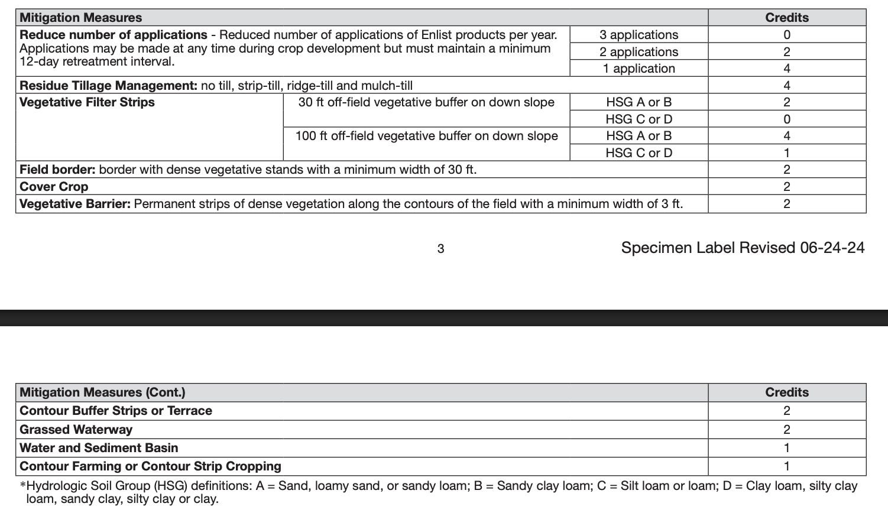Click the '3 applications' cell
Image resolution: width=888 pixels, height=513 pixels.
(x=639, y=35)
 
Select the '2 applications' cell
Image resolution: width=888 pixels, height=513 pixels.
(x=639, y=52)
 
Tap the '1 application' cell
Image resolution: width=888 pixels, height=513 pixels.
(x=639, y=69)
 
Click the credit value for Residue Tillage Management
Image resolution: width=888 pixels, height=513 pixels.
(x=786, y=86)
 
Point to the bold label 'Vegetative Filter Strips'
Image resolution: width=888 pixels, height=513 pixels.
(x=87, y=102)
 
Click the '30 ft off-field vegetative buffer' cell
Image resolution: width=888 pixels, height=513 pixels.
(x=426, y=102)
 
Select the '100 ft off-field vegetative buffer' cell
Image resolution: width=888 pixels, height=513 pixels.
(x=426, y=136)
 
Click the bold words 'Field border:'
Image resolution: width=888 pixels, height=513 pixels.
(x=57, y=170)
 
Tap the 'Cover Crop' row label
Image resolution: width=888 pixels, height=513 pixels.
(x=54, y=187)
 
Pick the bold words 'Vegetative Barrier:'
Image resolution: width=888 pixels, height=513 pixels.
(x=75, y=204)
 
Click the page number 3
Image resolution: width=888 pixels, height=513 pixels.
(x=440, y=249)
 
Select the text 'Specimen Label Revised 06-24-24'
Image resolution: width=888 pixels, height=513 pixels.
(x=743, y=248)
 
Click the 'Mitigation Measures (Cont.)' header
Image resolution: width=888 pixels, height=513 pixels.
(x=102, y=392)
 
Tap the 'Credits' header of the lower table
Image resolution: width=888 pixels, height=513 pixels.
(x=786, y=392)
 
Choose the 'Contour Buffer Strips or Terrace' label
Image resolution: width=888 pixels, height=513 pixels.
(x=116, y=411)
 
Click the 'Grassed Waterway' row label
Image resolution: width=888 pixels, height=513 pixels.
(x=76, y=430)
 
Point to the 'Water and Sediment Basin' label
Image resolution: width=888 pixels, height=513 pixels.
(x=99, y=448)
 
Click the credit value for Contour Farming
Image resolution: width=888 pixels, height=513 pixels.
(x=786, y=466)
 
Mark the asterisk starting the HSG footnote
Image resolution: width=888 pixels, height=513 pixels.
(x=23, y=485)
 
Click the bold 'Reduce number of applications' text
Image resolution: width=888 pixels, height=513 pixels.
(x=114, y=35)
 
